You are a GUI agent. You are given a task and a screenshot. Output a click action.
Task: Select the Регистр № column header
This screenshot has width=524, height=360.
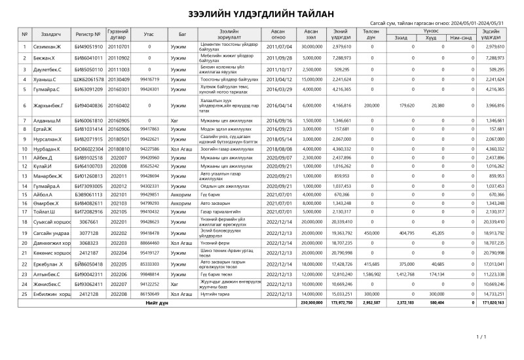88,34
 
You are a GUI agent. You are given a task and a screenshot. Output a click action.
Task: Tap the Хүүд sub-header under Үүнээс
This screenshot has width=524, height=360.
430,38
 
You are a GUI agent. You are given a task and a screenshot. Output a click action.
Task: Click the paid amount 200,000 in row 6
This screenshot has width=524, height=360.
371,105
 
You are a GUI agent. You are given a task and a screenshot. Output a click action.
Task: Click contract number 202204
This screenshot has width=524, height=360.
119,251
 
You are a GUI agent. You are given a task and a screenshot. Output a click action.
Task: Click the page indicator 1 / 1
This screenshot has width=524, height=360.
481,336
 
